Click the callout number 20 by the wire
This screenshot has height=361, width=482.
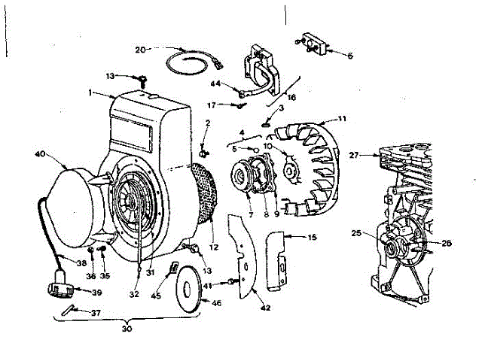click(x=140, y=50)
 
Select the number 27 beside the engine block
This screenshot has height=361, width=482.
click(x=355, y=156)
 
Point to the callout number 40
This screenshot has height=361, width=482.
click(x=40, y=155)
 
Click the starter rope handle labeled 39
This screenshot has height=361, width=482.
click(x=59, y=288)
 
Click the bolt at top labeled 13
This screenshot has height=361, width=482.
click(x=140, y=77)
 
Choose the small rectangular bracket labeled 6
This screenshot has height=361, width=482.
click(x=314, y=44)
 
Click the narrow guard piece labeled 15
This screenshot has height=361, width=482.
click(x=278, y=259)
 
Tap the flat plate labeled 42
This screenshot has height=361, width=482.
click(x=242, y=256)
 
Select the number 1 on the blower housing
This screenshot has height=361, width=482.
click(x=90, y=93)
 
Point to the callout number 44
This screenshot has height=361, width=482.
click(x=215, y=83)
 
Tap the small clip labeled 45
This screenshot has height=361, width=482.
click(x=174, y=267)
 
